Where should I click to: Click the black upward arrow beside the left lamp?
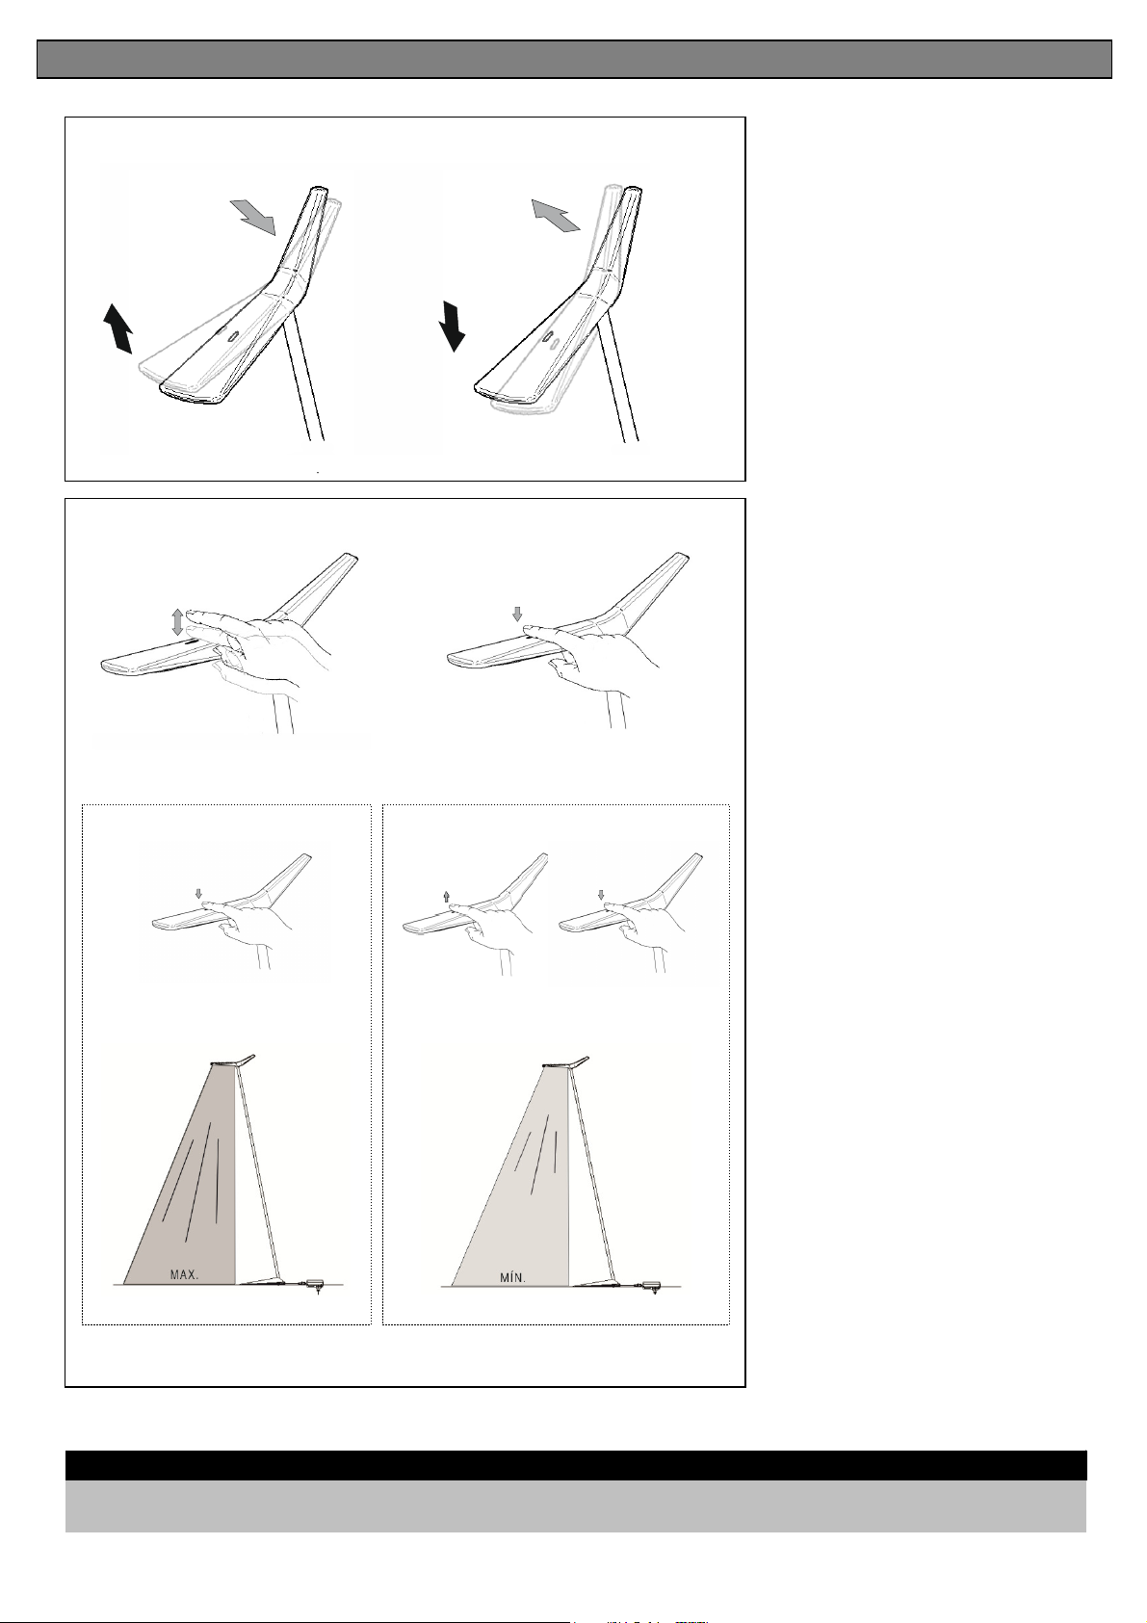117,329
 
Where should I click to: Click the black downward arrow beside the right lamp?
452,327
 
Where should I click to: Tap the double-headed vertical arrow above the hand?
177,622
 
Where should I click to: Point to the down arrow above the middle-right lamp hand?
516,615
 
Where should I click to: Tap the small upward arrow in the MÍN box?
446,897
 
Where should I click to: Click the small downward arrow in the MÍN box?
601,896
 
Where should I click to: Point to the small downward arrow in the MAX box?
199,894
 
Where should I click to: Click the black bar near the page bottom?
576,1465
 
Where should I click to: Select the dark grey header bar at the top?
574,59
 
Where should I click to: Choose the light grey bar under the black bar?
576,1506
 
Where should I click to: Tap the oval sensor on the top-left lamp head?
233,338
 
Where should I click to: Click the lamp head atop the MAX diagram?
232,1060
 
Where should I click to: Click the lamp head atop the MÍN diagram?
565,1062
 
